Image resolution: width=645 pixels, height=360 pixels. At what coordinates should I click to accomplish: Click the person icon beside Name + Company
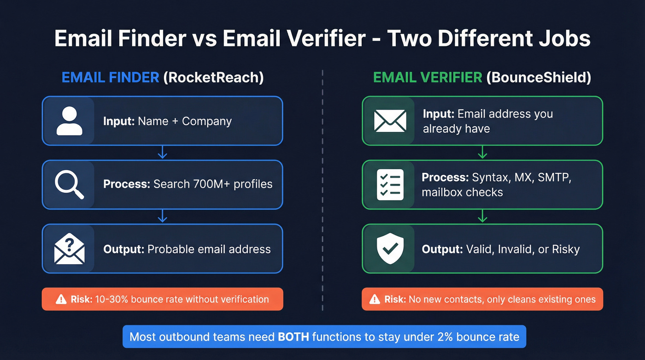[69, 121]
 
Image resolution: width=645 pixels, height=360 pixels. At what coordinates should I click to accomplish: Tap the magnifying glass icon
[69, 184]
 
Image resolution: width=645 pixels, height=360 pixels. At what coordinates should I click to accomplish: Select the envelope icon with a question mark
[69, 249]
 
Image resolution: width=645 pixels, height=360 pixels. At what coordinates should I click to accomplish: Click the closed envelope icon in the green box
[390, 121]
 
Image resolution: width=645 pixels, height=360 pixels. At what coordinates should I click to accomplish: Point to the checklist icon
[390, 184]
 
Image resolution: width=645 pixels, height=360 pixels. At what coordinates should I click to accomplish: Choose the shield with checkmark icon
[390, 249]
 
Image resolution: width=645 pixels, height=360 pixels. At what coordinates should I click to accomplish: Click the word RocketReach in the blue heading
[213, 77]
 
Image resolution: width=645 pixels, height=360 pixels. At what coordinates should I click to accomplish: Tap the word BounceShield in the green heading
[538, 77]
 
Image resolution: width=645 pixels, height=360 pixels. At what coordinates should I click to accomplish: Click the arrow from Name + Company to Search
[162, 153]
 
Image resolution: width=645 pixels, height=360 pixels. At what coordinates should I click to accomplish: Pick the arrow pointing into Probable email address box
[162, 216]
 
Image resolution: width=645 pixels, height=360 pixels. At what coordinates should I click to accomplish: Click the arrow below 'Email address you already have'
[482, 153]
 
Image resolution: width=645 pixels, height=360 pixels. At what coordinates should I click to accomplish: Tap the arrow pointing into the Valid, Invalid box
[482, 216]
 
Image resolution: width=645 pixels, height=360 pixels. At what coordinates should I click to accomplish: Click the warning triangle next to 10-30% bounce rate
[61, 300]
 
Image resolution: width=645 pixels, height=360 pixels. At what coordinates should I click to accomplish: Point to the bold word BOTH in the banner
[293, 337]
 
